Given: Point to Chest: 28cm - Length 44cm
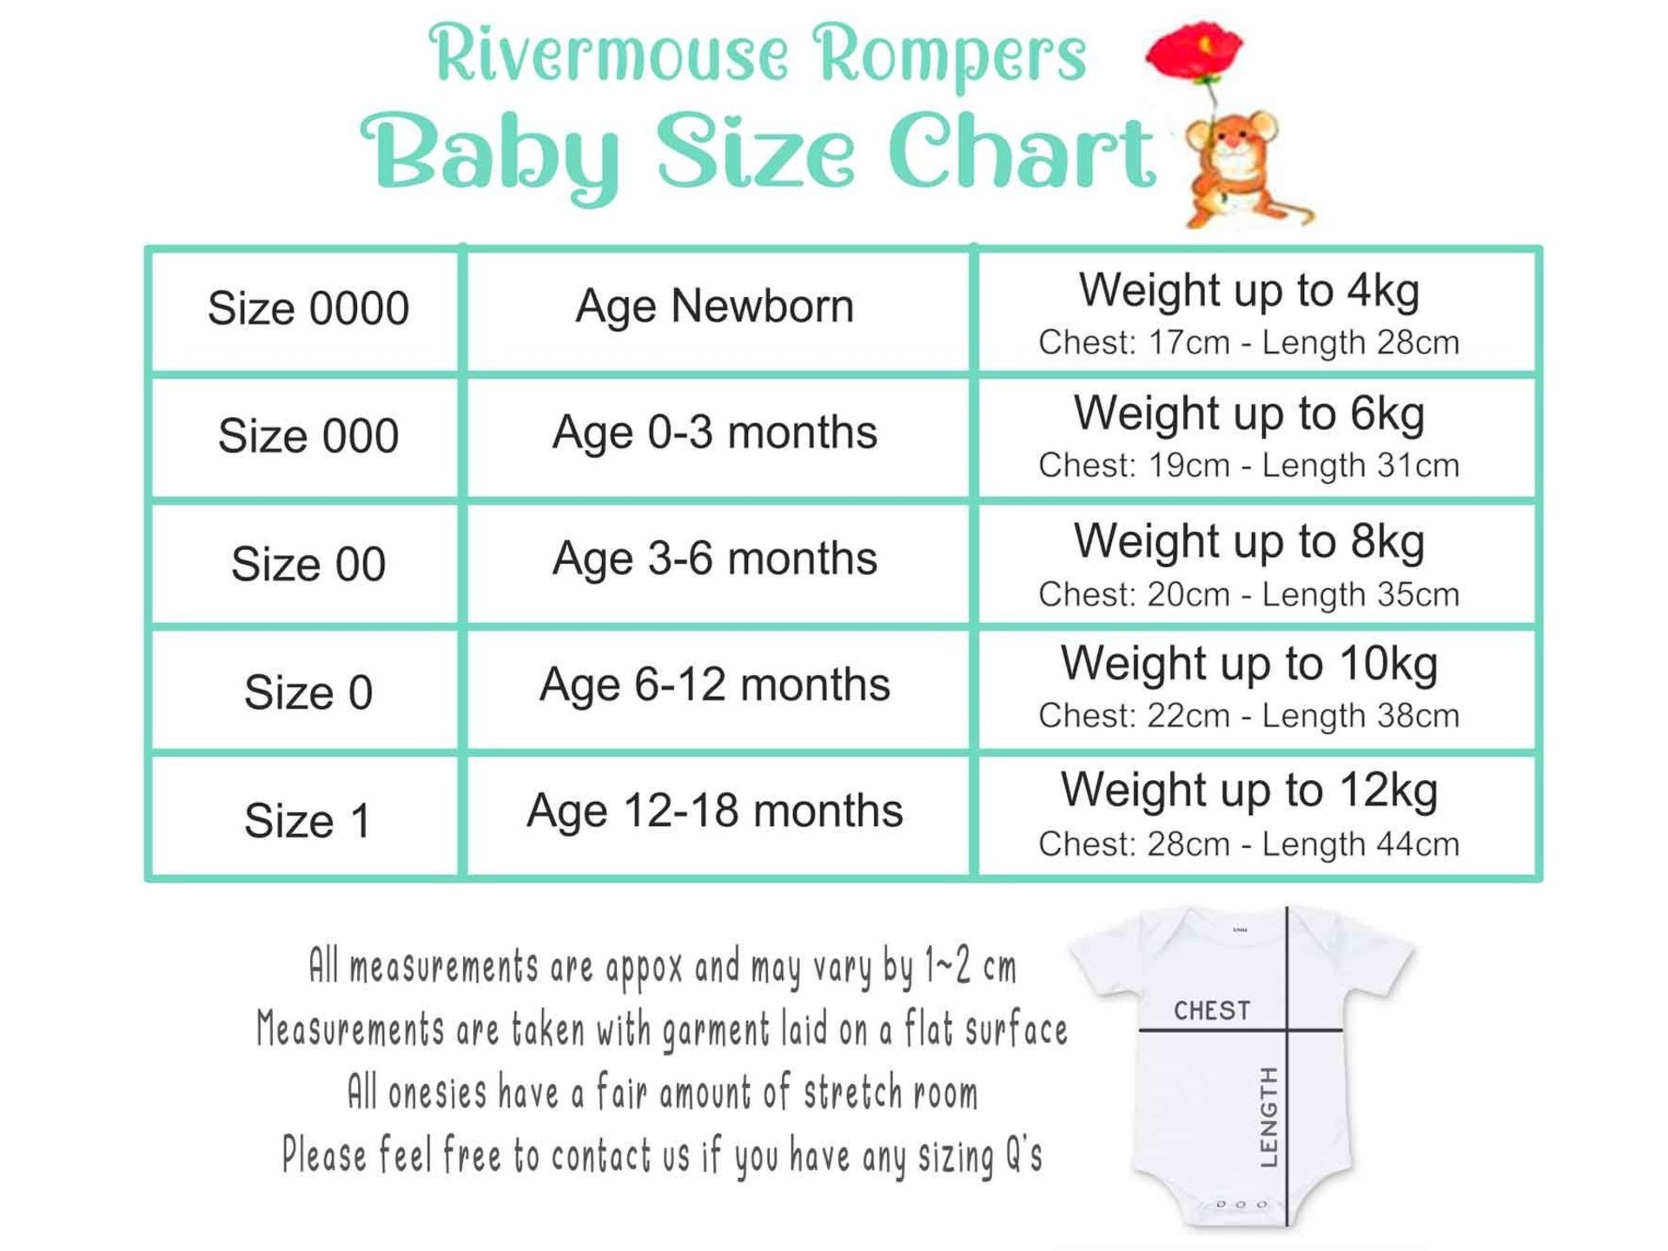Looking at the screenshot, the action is [x=1249, y=844].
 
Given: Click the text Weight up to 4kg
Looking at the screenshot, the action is [x=1249, y=291].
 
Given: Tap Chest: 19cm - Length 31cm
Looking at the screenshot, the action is [x=1249, y=465].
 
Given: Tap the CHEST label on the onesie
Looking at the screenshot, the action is [x=1212, y=1010].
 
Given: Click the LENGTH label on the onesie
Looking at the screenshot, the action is [x=1269, y=1116].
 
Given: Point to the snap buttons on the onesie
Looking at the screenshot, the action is [x=1241, y=1205].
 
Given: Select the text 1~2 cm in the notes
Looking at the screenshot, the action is [x=970, y=966].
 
